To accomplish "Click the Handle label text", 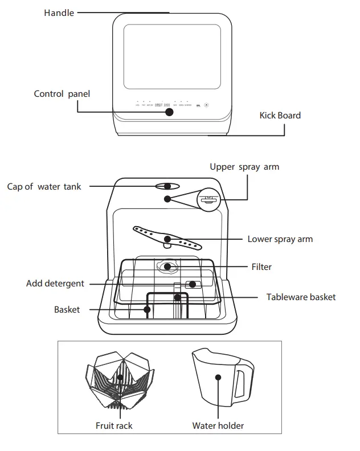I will (59, 13).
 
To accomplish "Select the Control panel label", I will (62, 94).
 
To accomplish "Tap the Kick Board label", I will (280, 116).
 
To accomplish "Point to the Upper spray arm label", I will (244, 167).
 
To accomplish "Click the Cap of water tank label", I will (44, 186).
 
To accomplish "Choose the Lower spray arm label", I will (280, 239).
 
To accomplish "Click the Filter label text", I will (261, 266).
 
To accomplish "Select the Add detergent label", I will (55, 283).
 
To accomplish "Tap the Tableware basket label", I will (301, 297).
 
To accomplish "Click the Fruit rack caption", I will (114, 425).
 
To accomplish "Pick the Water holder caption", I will (218, 425).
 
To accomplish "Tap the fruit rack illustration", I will (119, 379).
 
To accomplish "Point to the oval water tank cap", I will (167, 186).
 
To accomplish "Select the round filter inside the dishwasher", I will (167, 266).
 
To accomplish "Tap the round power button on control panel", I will (206, 105).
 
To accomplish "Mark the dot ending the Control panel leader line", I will (170, 112).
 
